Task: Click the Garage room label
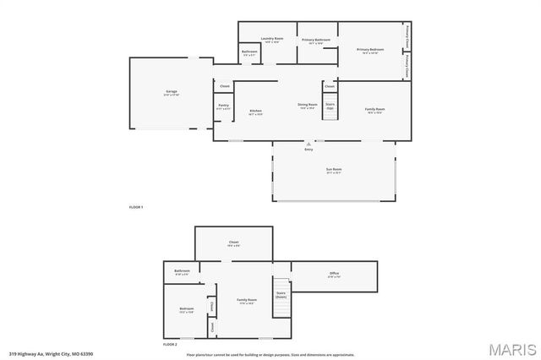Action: tap(171, 91)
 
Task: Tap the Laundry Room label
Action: tap(272, 39)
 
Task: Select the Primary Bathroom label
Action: tap(316, 41)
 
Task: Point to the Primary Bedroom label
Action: tap(370, 50)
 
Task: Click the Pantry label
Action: tap(223, 106)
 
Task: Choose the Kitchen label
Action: tap(255, 112)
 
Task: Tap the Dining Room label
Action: tap(306, 106)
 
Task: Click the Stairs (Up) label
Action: tap(330, 106)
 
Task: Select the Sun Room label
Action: tap(334, 171)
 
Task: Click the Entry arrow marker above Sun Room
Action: tap(309, 145)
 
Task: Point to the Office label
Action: tap(334, 274)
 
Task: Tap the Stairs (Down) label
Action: tap(281, 295)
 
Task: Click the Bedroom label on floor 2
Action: tap(187, 310)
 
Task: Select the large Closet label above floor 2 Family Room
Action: tap(233, 243)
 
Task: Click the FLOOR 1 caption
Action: tap(136, 207)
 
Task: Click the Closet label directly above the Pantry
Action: tap(225, 86)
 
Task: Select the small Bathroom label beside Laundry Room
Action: tap(249, 52)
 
